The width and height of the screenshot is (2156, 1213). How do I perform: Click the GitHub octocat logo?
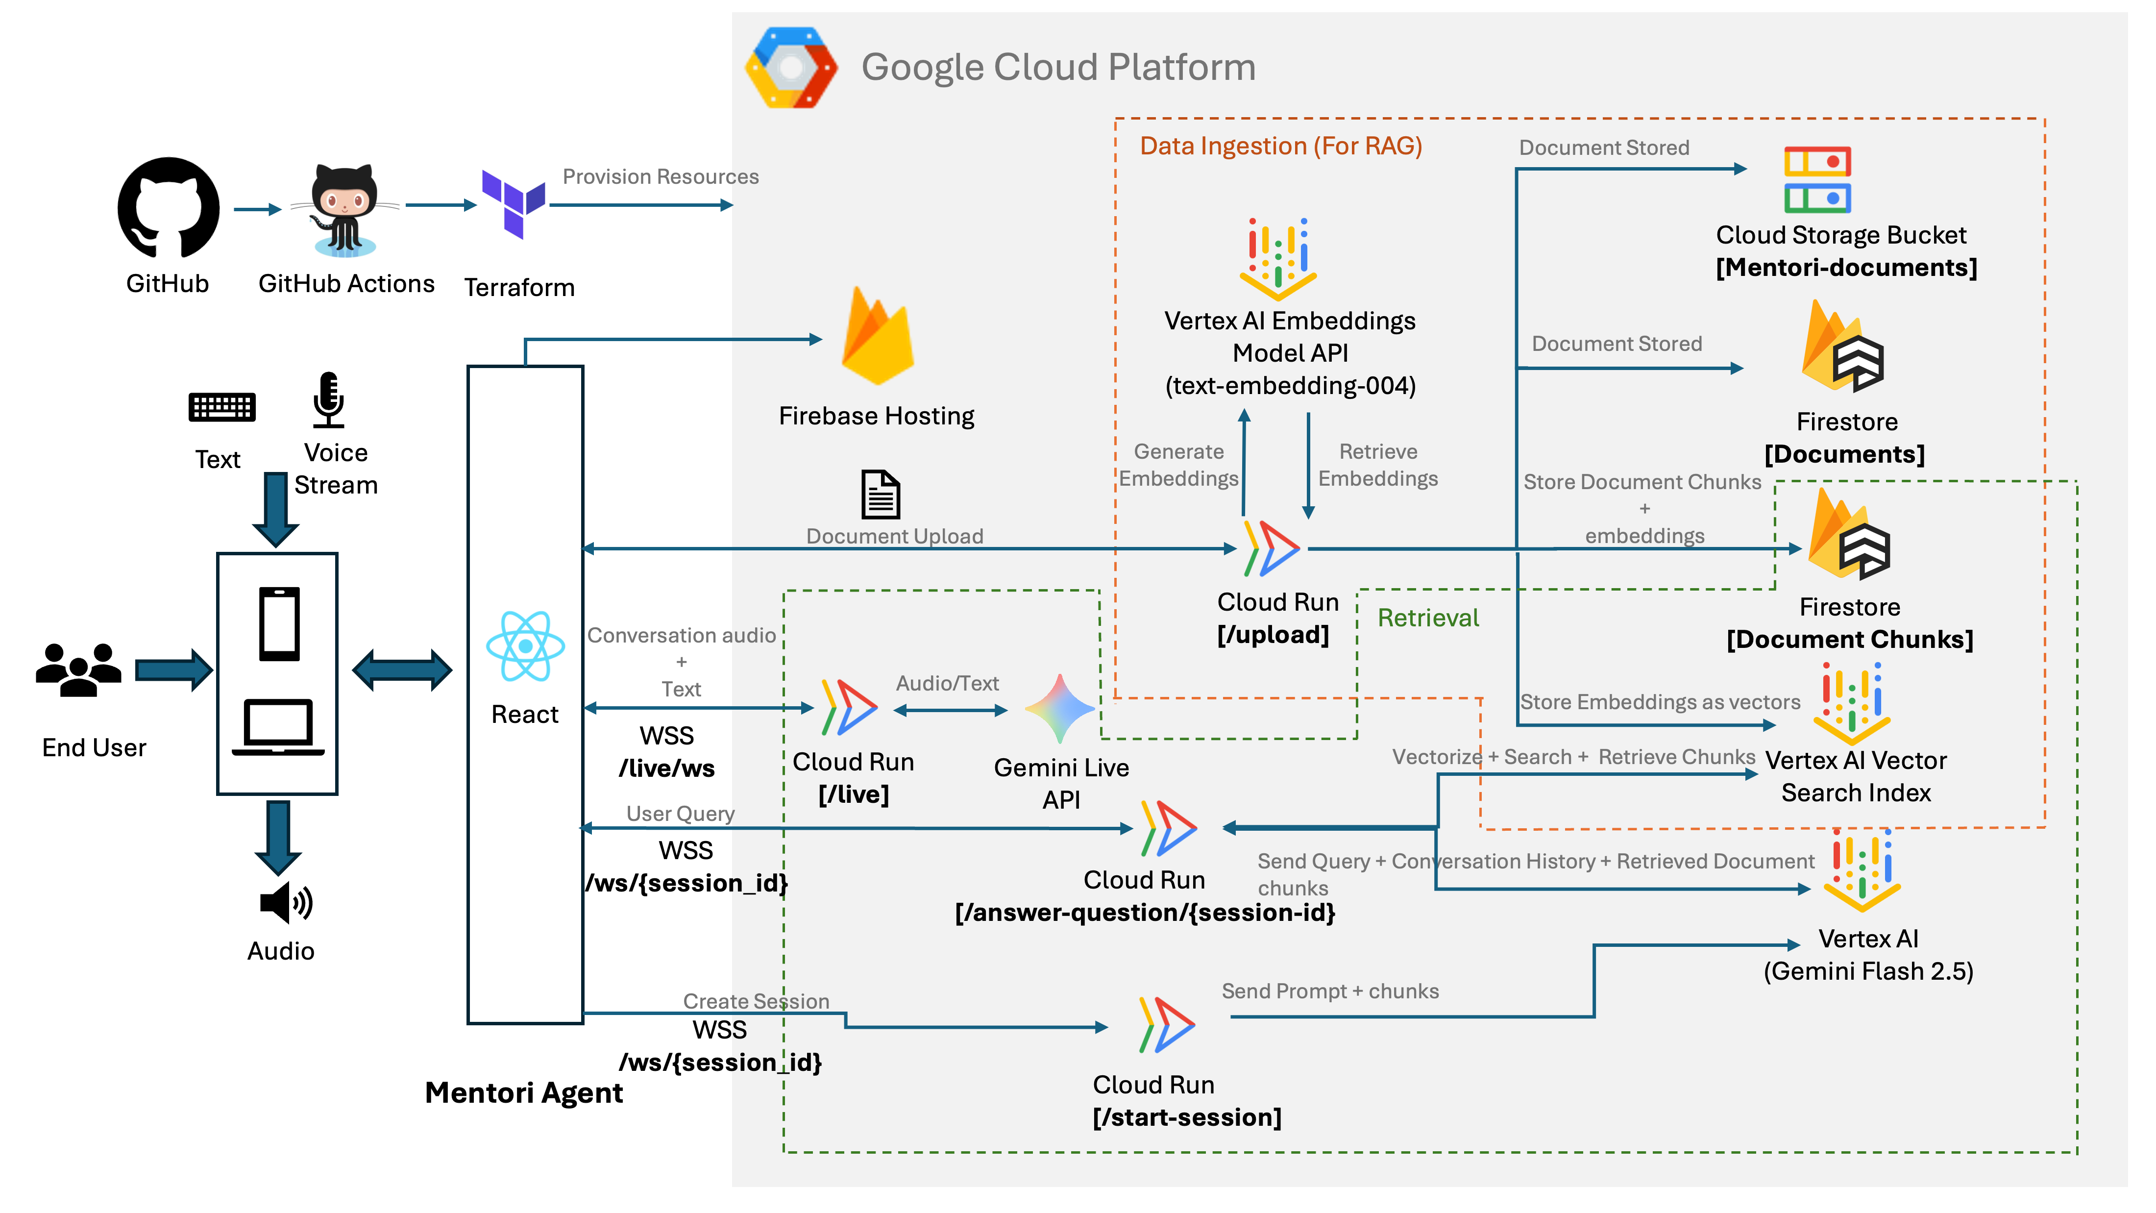(168, 208)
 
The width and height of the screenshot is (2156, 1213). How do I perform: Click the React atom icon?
(525, 646)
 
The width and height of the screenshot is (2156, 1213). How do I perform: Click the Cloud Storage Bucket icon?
(1816, 180)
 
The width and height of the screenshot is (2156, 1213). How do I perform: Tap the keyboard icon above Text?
(222, 407)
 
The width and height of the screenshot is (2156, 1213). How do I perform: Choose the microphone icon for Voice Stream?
(329, 399)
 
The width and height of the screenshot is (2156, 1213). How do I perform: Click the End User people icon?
(79, 669)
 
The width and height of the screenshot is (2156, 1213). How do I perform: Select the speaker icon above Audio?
(285, 902)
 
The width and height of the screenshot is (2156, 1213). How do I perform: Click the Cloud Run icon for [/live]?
(849, 707)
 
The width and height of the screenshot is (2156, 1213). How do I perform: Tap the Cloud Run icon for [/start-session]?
(1166, 1025)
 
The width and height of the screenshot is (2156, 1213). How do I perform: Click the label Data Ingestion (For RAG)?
(1280, 147)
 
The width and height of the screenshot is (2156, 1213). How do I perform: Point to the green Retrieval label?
(1428, 618)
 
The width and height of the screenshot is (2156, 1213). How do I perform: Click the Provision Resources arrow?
(641, 205)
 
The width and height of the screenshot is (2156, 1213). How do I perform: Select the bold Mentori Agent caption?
(524, 1092)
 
